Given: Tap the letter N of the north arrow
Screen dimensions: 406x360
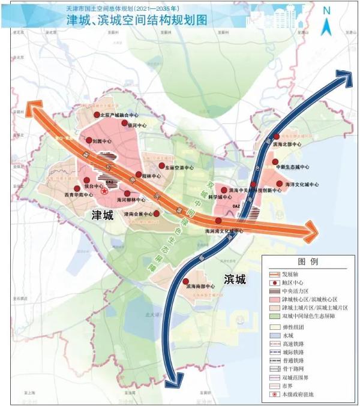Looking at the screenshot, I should (326, 10).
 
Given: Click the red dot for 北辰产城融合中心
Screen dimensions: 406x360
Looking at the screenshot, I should (97, 114).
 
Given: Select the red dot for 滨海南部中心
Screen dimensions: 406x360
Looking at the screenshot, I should (186, 281).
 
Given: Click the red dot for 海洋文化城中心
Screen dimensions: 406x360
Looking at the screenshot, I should (279, 184).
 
